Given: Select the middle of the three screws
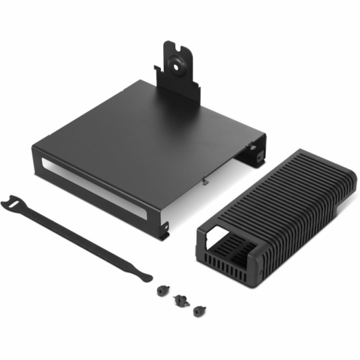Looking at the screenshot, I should pyautogui.click(x=179, y=299).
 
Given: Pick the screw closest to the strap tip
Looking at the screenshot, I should pyautogui.click(x=161, y=289).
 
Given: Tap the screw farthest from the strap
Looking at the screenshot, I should pyautogui.click(x=197, y=310).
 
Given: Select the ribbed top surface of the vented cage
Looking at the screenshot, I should pyautogui.click(x=276, y=192).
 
